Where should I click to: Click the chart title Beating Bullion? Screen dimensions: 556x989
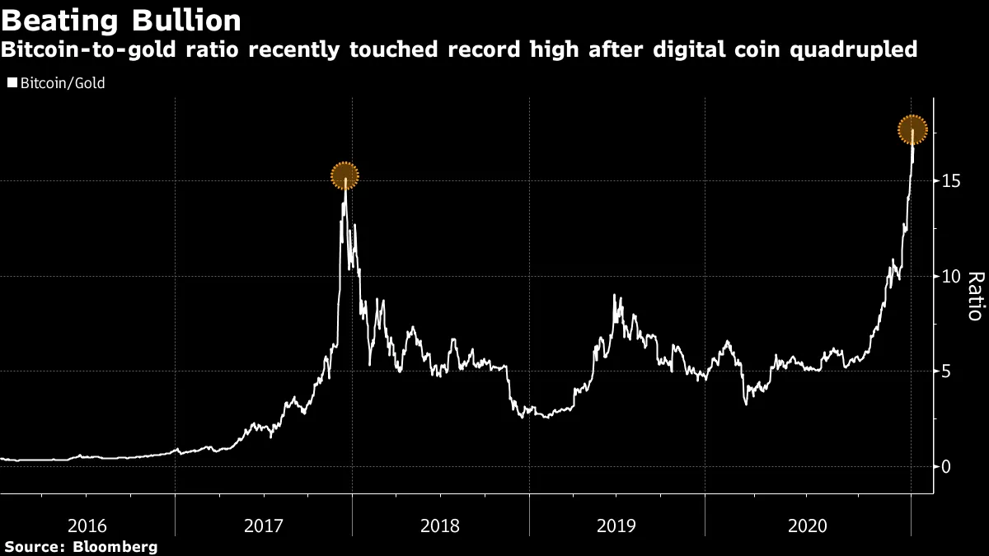[x=121, y=20]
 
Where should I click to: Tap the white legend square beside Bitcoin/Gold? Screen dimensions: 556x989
[x=12, y=83]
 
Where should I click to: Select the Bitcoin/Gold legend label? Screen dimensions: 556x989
[x=62, y=83]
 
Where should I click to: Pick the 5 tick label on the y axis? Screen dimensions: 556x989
[x=948, y=371]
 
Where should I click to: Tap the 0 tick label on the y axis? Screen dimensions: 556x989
[x=948, y=467]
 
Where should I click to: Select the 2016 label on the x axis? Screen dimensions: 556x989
[x=87, y=526]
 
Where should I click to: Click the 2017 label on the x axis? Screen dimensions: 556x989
[x=263, y=526]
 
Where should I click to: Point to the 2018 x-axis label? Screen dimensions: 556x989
[x=440, y=526]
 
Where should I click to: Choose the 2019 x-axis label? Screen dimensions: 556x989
[x=616, y=526]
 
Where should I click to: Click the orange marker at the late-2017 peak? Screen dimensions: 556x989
[x=345, y=175]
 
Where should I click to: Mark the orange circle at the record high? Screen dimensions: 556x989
[x=912, y=129]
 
